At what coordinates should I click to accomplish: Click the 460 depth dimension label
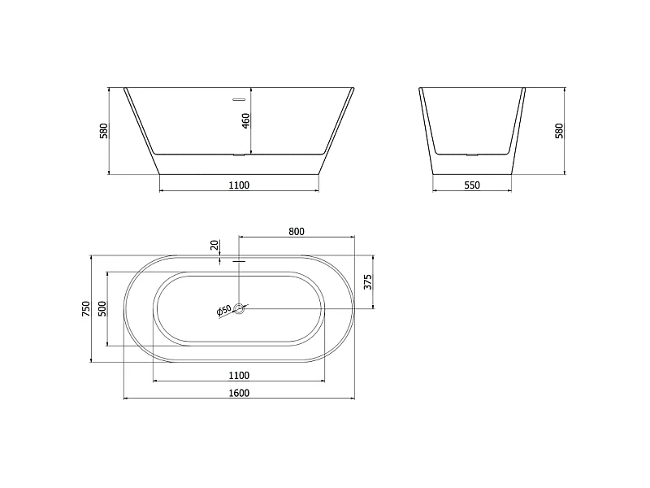[245, 120]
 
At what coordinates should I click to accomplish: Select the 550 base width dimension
[472, 185]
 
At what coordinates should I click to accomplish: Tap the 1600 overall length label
[239, 393]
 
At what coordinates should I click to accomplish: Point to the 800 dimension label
[297, 231]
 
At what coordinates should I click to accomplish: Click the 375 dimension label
[368, 281]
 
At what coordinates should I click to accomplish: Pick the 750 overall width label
[86, 309]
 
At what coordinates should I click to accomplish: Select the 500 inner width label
[102, 309]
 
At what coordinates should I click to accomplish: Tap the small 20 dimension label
[214, 246]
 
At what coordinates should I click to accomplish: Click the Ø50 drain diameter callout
[224, 311]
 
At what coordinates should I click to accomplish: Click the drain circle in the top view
[239, 308]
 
